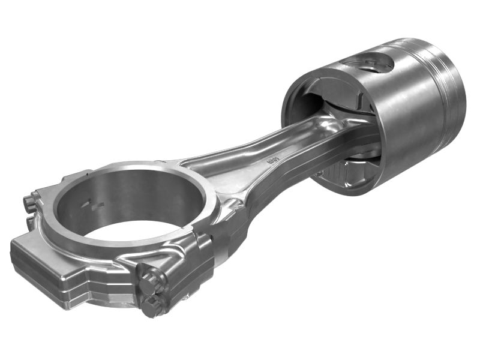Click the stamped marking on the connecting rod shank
click(x=273, y=161)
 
